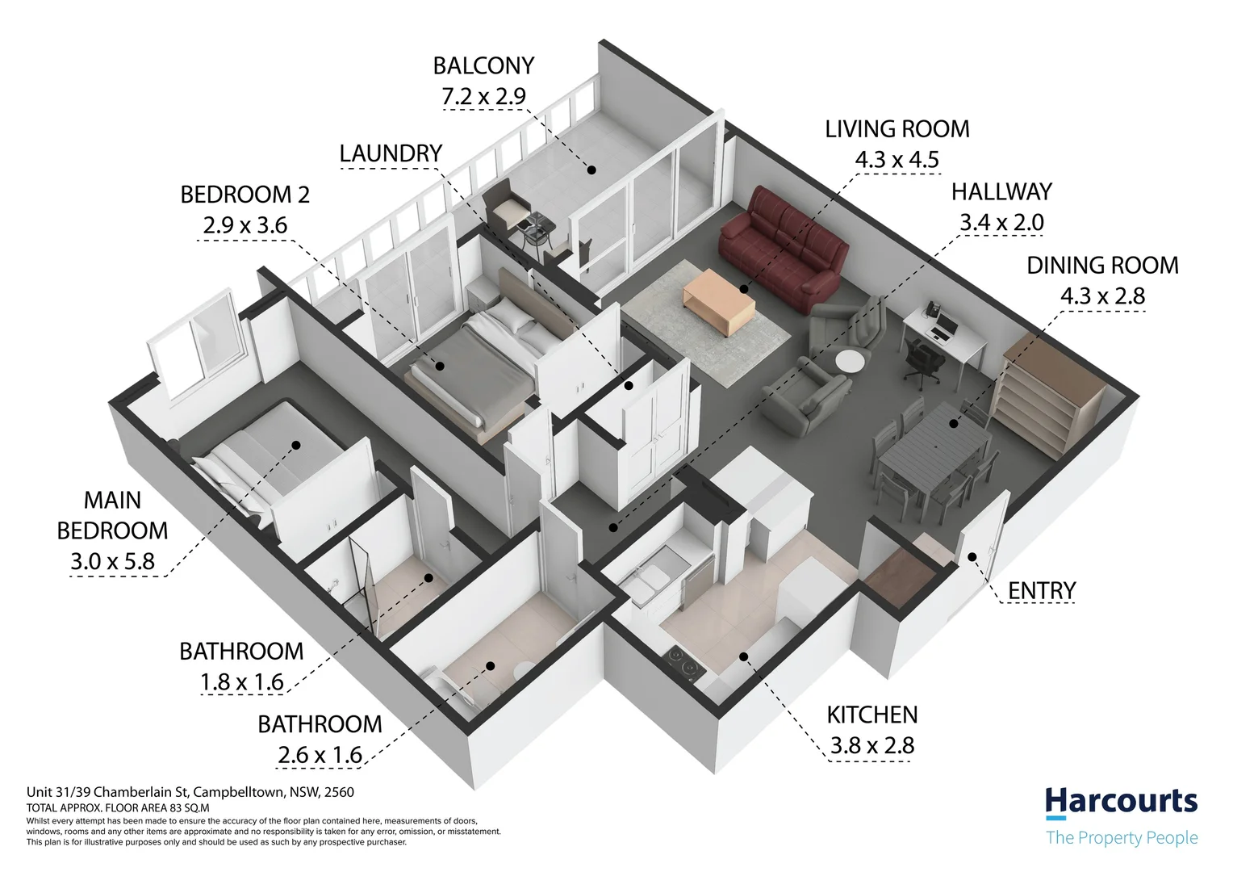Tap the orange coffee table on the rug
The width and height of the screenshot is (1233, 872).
[x=718, y=301]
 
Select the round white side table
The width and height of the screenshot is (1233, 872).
[x=850, y=362]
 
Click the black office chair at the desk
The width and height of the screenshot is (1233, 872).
[x=924, y=361]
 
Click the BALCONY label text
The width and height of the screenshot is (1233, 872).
[x=483, y=66]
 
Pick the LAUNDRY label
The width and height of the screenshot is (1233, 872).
[x=391, y=153]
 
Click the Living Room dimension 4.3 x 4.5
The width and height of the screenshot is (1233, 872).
[x=897, y=160]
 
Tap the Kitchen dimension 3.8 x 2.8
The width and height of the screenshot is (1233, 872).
[x=872, y=745]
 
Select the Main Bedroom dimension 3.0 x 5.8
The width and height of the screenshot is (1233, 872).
[x=112, y=561]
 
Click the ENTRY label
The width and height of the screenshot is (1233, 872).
[x=1042, y=591]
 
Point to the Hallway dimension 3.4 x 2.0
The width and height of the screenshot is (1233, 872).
[x=1001, y=223]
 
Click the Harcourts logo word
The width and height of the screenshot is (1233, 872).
[x=1122, y=803]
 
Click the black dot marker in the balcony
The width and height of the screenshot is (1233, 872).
[x=591, y=170]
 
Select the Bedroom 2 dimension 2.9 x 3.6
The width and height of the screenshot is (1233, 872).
[x=245, y=225]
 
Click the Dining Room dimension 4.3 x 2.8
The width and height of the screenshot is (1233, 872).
[x=1102, y=296]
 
